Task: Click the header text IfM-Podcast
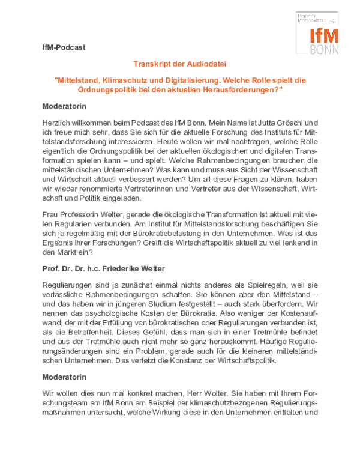coord(60,47)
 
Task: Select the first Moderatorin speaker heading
coord(65,106)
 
